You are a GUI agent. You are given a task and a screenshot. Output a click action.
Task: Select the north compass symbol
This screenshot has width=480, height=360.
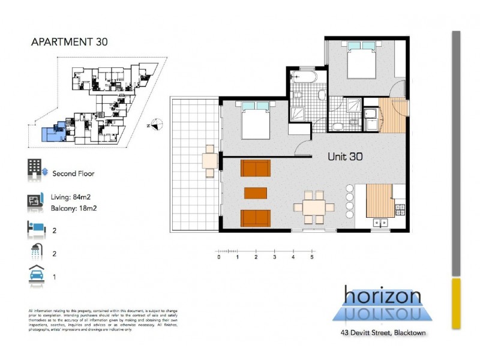tap(155, 125)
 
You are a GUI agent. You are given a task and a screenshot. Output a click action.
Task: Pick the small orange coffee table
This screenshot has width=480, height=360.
tap(256, 193)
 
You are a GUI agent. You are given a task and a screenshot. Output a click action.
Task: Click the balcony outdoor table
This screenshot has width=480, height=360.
tap(209, 161)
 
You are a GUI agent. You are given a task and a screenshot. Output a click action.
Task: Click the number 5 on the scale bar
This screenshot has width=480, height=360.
tap(312, 257)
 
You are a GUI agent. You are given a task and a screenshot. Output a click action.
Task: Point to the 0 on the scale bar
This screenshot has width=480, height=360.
tap(219, 257)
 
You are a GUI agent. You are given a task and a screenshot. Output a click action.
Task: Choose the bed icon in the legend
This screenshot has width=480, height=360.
tap(35, 228)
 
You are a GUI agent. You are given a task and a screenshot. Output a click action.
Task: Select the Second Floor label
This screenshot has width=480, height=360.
tap(73, 173)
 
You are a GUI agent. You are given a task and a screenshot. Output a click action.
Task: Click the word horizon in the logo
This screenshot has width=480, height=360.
tap(382, 295)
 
